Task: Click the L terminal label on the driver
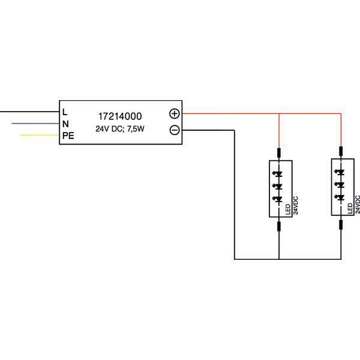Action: click(x=65, y=112)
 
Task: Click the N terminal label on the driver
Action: click(x=65, y=124)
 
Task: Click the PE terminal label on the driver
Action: click(x=68, y=136)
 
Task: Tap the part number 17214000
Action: click(x=119, y=115)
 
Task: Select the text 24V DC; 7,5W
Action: click(x=119, y=129)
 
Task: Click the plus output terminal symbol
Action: click(x=175, y=113)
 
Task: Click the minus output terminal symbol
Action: click(x=175, y=130)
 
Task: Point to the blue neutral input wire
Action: click(x=36, y=124)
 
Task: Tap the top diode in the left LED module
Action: click(x=278, y=175)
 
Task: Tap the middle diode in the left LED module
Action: click(x=278, y=187)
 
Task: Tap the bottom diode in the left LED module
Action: click(x=278, y=199)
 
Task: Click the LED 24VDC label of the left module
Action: click(x=292, y=205)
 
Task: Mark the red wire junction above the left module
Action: click(x=279, y=113)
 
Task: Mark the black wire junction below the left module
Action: click(x=279, y=259)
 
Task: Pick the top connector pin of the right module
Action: click(x=341, y=151)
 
